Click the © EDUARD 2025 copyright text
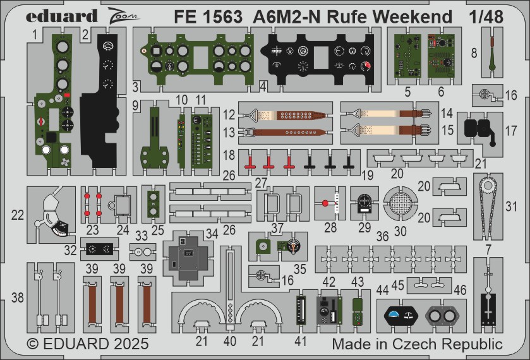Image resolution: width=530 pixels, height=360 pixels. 88,345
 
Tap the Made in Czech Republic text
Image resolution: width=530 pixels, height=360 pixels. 417,345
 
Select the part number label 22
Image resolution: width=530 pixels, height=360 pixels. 18,215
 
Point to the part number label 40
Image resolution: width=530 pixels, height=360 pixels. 230,342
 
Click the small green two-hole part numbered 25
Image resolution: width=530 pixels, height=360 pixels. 152,203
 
